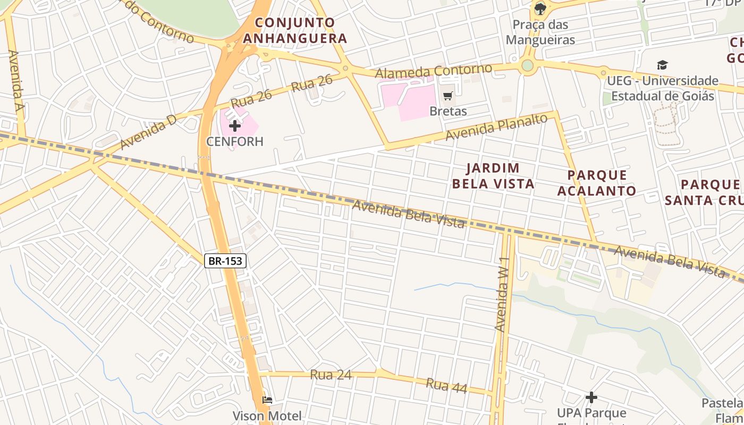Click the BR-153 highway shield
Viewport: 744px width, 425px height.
click(225, 261)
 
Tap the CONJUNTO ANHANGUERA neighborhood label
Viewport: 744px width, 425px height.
click(295, 30)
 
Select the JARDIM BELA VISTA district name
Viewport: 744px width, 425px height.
click(500, 176)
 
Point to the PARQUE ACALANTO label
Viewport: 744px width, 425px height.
click(597, 183)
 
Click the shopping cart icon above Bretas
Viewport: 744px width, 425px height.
click(448, 96)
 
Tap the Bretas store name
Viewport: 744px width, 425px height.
click(448, 111)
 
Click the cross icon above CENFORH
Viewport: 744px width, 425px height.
click(235, 126)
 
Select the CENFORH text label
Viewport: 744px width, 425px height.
click(235, 141)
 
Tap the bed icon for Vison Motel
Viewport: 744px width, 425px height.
click(267, 399)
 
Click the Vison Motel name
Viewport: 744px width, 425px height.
click(267, 415)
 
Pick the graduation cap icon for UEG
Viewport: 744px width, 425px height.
click(662, 65)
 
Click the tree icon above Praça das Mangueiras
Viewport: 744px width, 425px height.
click(540, 8)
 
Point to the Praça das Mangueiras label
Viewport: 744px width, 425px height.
click(540, 32)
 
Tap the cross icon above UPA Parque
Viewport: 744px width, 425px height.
click(591, 397)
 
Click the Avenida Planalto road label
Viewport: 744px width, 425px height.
click(496, 128)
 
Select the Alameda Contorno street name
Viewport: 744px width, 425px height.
click(434, 71)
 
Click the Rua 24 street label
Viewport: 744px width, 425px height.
click(331, 375)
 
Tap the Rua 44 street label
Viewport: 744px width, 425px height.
click(446, 386)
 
